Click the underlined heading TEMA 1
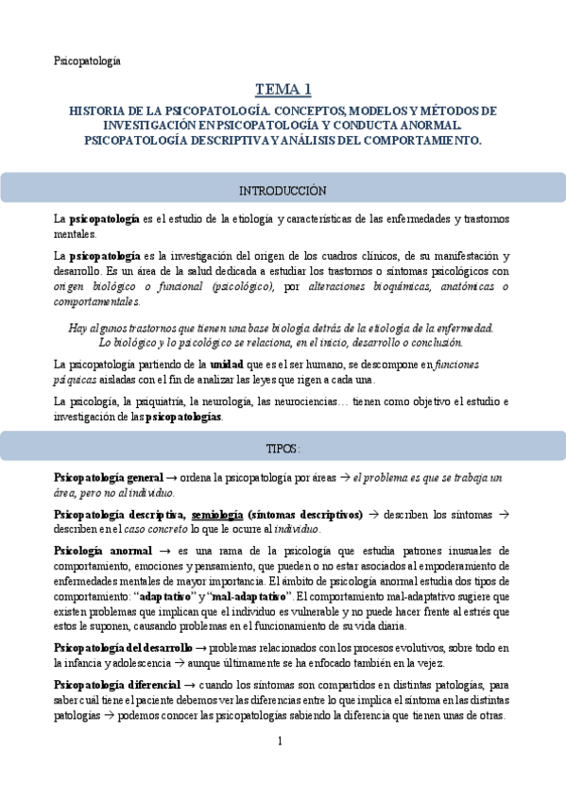(283, 90)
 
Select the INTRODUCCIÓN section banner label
(283, 190)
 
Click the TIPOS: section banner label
(283, 447)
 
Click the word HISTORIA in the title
(100, 111)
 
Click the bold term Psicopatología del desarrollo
(123, 648)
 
